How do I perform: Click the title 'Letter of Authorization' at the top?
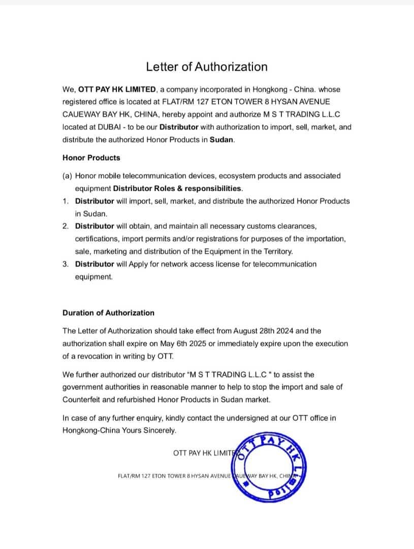coord(207,67)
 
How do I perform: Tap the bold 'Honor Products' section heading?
coord(91,158)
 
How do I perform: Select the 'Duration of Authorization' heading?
coord(108,313)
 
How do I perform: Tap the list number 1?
coord(66,201)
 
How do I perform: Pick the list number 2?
coord(66,226)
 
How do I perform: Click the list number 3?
coord(66,264)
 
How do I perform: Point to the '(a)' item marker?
coord(67,176)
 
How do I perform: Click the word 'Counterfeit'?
coord(82,400)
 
